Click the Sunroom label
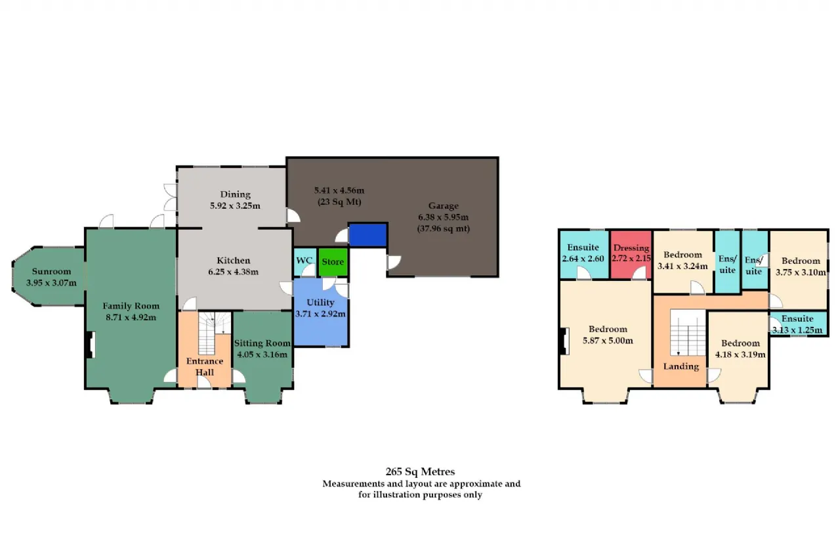coord(51,271)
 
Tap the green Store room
coord(333,262)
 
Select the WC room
coord(305,262)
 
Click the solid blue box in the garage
coord(368,235)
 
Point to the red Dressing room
coord(631,255)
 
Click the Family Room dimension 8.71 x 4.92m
coord(131,317)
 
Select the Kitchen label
coord(233,261)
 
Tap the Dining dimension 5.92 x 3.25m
coord(235,205)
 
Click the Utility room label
coord(320,302)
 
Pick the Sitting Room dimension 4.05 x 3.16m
coord(262,355)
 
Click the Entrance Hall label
coord(205,366)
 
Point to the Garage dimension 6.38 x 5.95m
coord(443,217)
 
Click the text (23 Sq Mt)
coord(339,202)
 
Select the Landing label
coord(681,366)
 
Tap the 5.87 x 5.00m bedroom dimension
coord(608,341)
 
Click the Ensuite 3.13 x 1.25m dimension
coord(797,330)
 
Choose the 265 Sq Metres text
coord(420,471)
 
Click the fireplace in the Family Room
coord(91,345)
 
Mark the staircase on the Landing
coord(688,332)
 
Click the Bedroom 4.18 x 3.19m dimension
coord(740,355)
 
